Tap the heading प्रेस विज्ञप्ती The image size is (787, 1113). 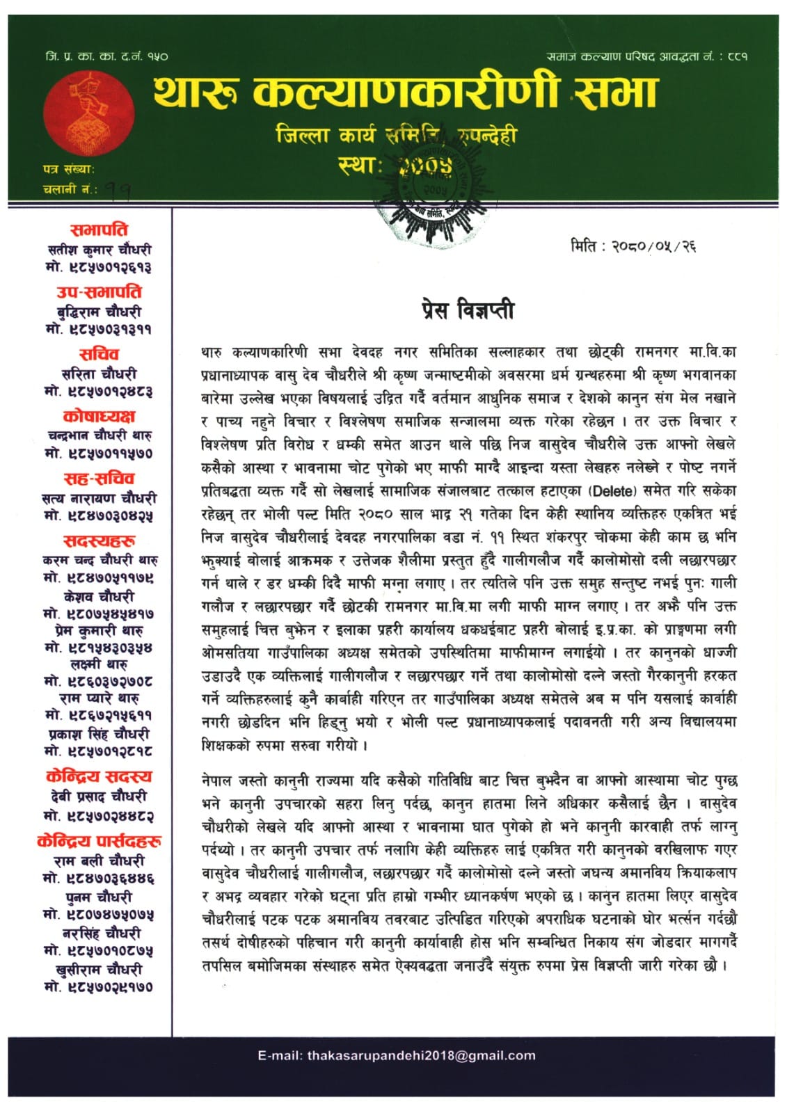(x=468, y=309)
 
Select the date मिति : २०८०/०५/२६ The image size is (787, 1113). (x=633, y=246)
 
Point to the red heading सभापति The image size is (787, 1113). (x=99, y=230)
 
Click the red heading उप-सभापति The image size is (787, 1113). (x=99, y=292)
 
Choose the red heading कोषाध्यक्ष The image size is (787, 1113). (x=99, y=417)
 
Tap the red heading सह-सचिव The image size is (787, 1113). (x=99, y=479)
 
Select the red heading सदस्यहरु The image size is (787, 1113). (x=99, y=541)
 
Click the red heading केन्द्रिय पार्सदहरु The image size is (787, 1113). (x=99, y=841)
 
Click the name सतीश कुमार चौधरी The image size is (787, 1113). (x=99, y=249)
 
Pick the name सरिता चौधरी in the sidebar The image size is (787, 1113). (x=99, y=374)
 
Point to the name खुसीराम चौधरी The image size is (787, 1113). (x=99, y=969)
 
